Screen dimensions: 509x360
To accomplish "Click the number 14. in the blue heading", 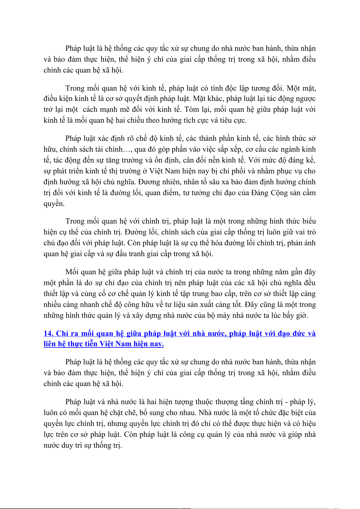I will (49, 333).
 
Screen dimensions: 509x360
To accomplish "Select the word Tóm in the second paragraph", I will (192, 109).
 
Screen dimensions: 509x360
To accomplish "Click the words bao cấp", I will (218, 294).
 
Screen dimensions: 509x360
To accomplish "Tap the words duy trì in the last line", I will (73, 445).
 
